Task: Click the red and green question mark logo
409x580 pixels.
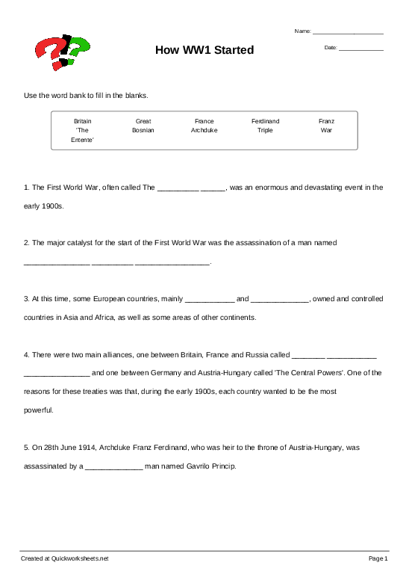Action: point(62,51)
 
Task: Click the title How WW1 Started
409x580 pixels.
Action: point(204,50)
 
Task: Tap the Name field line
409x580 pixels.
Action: point(348,33)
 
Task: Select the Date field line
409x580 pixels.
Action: point(360,49)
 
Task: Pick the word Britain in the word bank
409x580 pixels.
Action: point(82,120)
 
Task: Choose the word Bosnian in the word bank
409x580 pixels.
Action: point(143,130)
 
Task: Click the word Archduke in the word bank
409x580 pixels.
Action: point(204,130)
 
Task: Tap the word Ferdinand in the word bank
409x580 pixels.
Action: point(265,120)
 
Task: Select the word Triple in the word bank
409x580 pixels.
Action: point(265,130)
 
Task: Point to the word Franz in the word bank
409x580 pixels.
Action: point(326,120)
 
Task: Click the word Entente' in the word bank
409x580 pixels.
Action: point(82,140)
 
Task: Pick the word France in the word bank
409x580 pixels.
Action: point(204,120)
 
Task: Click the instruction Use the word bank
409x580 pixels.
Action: point(87,96)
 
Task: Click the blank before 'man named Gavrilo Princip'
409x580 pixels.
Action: point(113,467)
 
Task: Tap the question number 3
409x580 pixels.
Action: point(26,299)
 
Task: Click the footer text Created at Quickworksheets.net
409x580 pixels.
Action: point(65,558)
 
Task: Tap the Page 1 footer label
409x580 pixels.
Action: point(378,558)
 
